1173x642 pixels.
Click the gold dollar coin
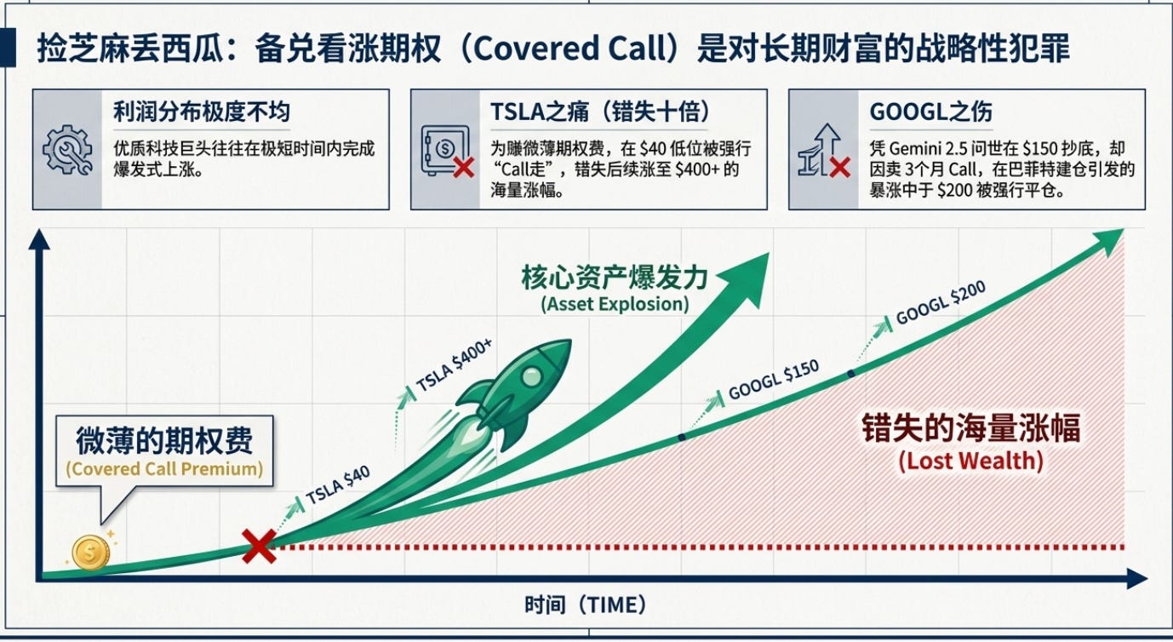[91, 552]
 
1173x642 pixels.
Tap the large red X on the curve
[260, 546]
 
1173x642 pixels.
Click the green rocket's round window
[531, 376]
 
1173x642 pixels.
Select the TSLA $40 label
[338, 485]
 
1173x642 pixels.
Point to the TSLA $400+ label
[455, 365]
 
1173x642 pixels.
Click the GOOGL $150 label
[774, 380]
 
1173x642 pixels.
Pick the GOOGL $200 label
[941, 302]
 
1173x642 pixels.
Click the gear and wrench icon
[67, 150]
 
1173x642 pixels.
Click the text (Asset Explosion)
[615, 304]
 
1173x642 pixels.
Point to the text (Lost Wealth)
[971, 461]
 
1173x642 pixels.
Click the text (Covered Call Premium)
[164, 468]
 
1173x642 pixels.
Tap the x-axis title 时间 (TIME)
[586, 605]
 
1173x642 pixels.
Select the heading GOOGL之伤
[930, 112]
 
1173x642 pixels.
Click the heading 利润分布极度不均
[202, 112]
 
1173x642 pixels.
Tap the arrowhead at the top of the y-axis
[39, 239]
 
